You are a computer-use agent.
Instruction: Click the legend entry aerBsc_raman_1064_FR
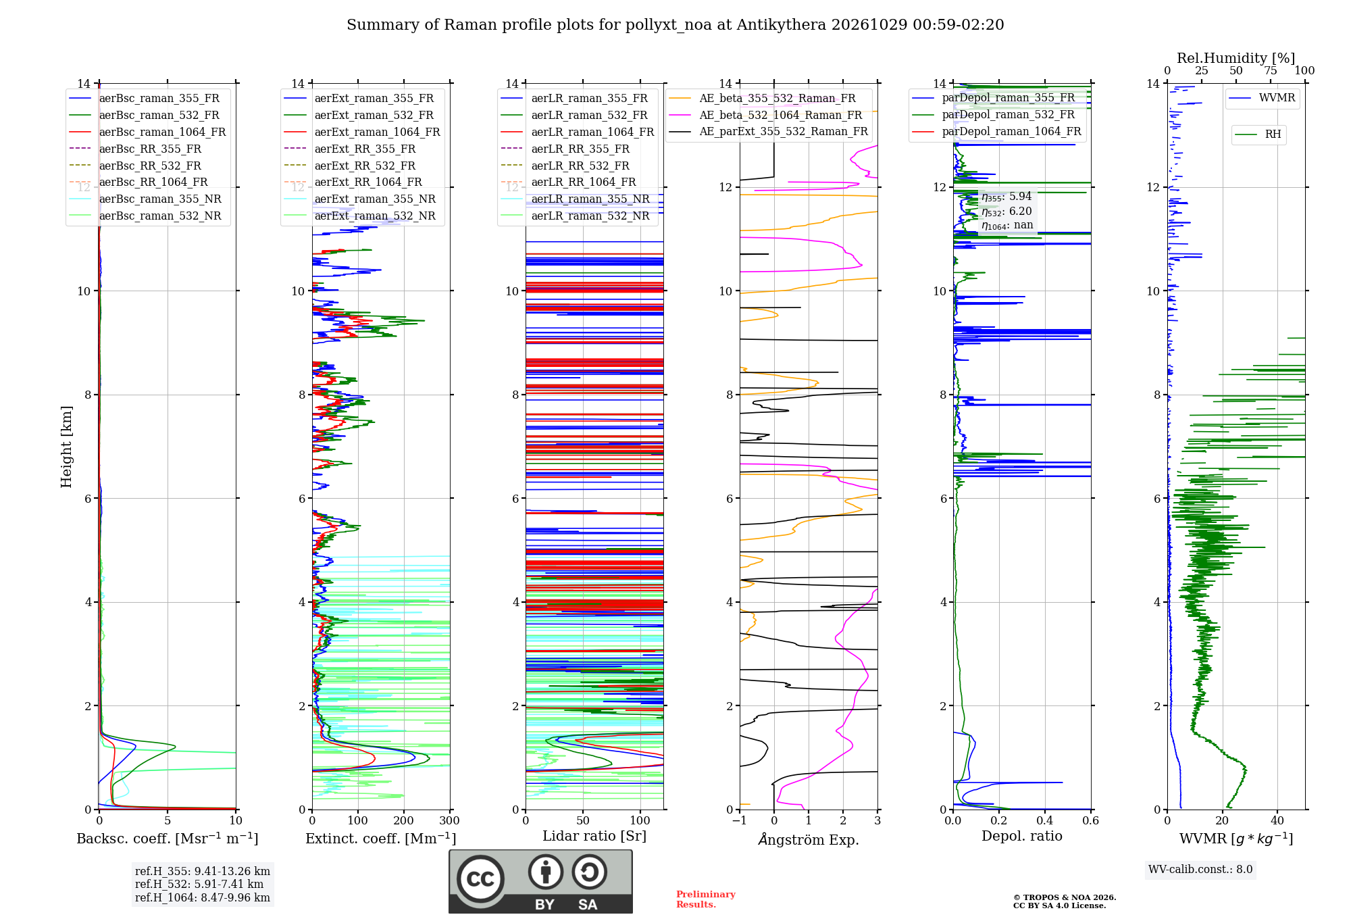click(147, 132)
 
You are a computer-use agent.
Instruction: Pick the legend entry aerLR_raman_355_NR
click(575, 199)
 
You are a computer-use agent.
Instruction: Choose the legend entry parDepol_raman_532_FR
click(993, 115)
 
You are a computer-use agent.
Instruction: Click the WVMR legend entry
click(1262, 98)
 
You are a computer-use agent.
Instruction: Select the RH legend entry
click(1258, 134)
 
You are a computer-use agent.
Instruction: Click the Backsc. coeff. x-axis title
click(168, 839)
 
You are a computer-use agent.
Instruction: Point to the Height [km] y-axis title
click(66, 447)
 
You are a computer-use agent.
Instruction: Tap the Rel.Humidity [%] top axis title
click(1236, 58)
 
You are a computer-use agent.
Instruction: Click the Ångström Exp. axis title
click(809, 840)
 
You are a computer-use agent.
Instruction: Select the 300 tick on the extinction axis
click(450, 821)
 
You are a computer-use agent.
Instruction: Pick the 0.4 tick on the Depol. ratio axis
click(1045, 821)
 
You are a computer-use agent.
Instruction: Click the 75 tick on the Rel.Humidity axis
click(1271, 71)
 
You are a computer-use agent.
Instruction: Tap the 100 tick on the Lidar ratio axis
click(640, 821)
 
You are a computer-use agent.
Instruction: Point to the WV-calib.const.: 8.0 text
click(1200, 870)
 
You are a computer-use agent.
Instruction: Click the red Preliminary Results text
click(706, 899)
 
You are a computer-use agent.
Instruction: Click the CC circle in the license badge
click(480, 879)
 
